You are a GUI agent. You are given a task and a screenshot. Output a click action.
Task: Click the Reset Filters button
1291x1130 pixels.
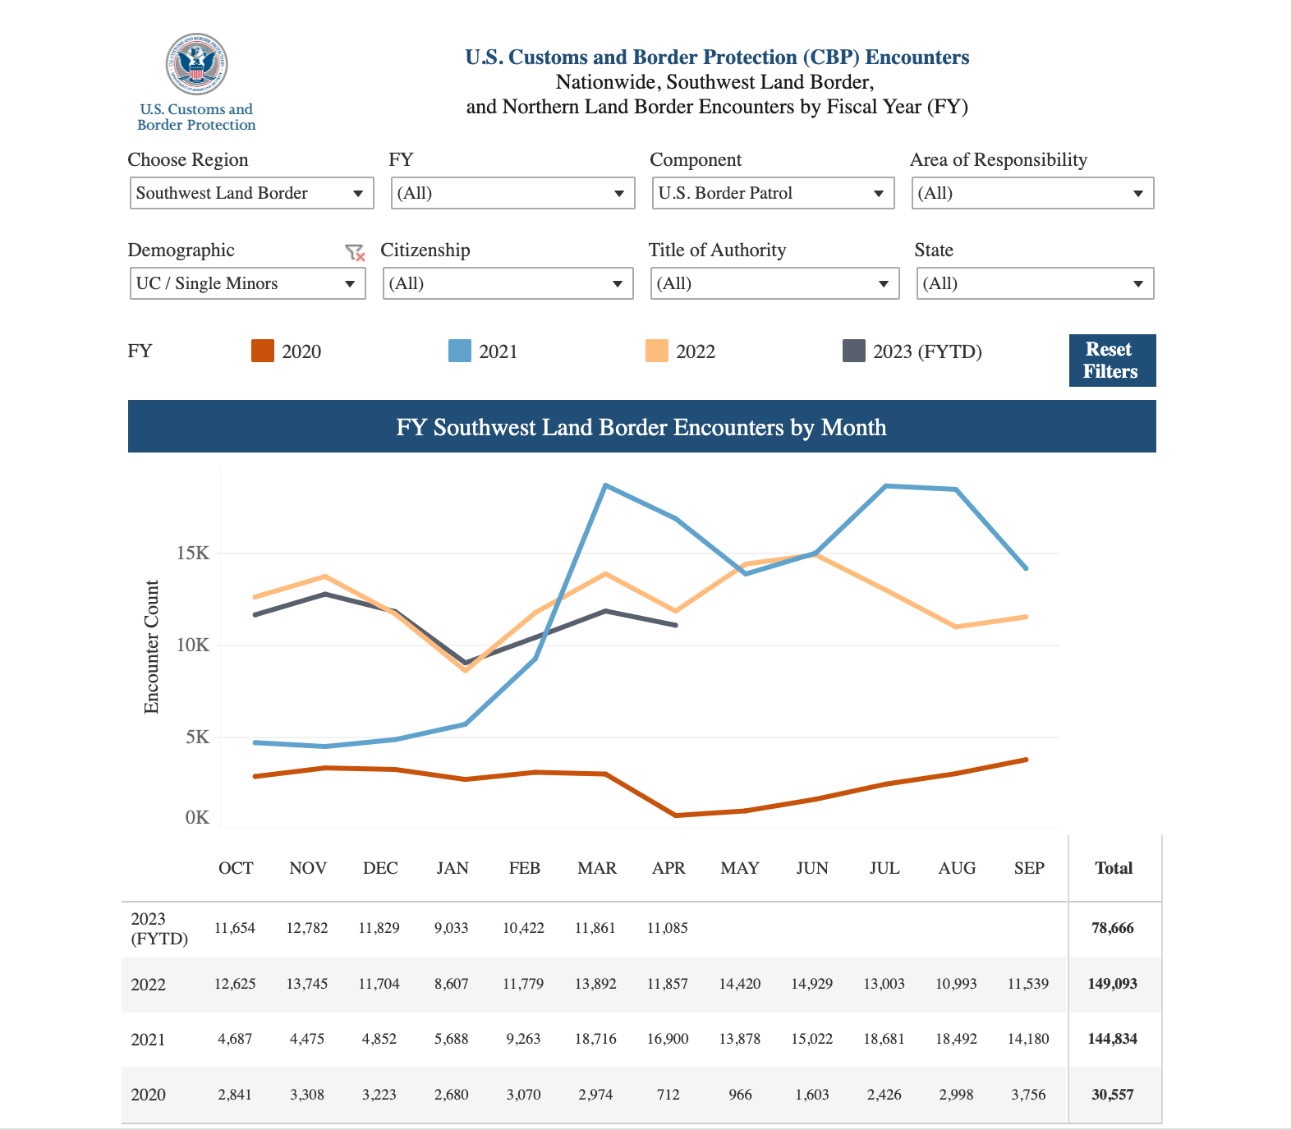(1112, 361)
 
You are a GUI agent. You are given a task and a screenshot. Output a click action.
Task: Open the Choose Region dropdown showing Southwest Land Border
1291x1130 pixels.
(251, 193)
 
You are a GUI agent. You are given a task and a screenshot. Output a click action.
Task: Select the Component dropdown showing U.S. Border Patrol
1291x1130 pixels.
(773, 193)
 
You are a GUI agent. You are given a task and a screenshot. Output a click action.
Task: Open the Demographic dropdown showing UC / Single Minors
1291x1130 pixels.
(247, 283)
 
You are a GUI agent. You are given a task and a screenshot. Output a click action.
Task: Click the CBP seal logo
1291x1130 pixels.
(196, 64)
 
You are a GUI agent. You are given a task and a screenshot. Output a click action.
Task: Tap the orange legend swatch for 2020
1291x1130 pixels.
(263, 351)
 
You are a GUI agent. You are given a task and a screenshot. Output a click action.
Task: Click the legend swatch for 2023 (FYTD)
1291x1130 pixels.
(854, 351)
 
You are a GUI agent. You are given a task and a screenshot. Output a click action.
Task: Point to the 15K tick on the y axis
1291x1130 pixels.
(193, 554)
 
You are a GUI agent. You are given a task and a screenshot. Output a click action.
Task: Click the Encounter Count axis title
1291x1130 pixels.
(151, 647)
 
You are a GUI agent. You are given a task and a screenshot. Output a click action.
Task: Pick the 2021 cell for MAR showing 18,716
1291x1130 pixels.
(595, 1039)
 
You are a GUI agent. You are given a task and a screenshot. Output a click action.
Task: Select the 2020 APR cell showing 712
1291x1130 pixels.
(668, 1095)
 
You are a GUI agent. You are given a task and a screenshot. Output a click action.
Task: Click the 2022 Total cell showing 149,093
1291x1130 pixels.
(1112, 984)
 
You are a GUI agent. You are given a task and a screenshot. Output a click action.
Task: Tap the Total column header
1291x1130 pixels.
(1114, 868)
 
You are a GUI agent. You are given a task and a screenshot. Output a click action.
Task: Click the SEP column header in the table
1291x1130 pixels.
(1029, 868)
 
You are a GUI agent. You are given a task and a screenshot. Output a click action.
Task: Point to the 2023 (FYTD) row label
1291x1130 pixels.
(159, 929)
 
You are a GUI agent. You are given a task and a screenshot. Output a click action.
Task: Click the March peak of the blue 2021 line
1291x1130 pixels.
(605, 485)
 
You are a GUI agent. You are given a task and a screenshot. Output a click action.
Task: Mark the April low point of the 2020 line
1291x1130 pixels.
(675, 815)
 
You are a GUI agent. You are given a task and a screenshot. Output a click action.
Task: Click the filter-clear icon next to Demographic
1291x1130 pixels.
(355, 252)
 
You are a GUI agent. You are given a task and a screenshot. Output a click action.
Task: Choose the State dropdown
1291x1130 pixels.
(1035, 283)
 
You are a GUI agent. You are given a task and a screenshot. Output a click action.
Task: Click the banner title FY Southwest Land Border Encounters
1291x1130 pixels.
(641, 427)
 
